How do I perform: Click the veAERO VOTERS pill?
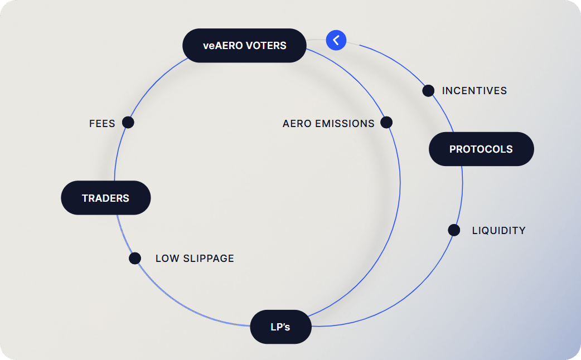(x=245, y=46)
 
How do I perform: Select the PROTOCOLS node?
(x=481, y=149)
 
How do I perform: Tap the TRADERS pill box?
(x=105, y=198)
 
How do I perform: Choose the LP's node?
(x=280, y=327)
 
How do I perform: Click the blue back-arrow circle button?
(x=336, y=40)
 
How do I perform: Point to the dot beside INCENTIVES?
(x=428, y=90)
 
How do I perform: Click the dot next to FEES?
(x=128, y=122)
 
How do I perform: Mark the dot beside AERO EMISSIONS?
(x=386, y=122)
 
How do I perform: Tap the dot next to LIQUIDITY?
(x=454, y=230)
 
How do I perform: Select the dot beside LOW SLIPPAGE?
(x=135, y=258)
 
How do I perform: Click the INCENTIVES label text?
(x=475, y=91)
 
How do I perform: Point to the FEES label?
(x=102, y=123)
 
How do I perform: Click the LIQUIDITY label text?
(x=498, y=230)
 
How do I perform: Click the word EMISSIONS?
(x=345, y=123)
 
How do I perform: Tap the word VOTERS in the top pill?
(x=266, y=46)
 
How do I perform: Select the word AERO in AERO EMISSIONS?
(x=297, y=123)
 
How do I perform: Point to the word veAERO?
(x=222, y=46)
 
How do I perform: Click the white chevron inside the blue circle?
(x=336, y=40)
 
